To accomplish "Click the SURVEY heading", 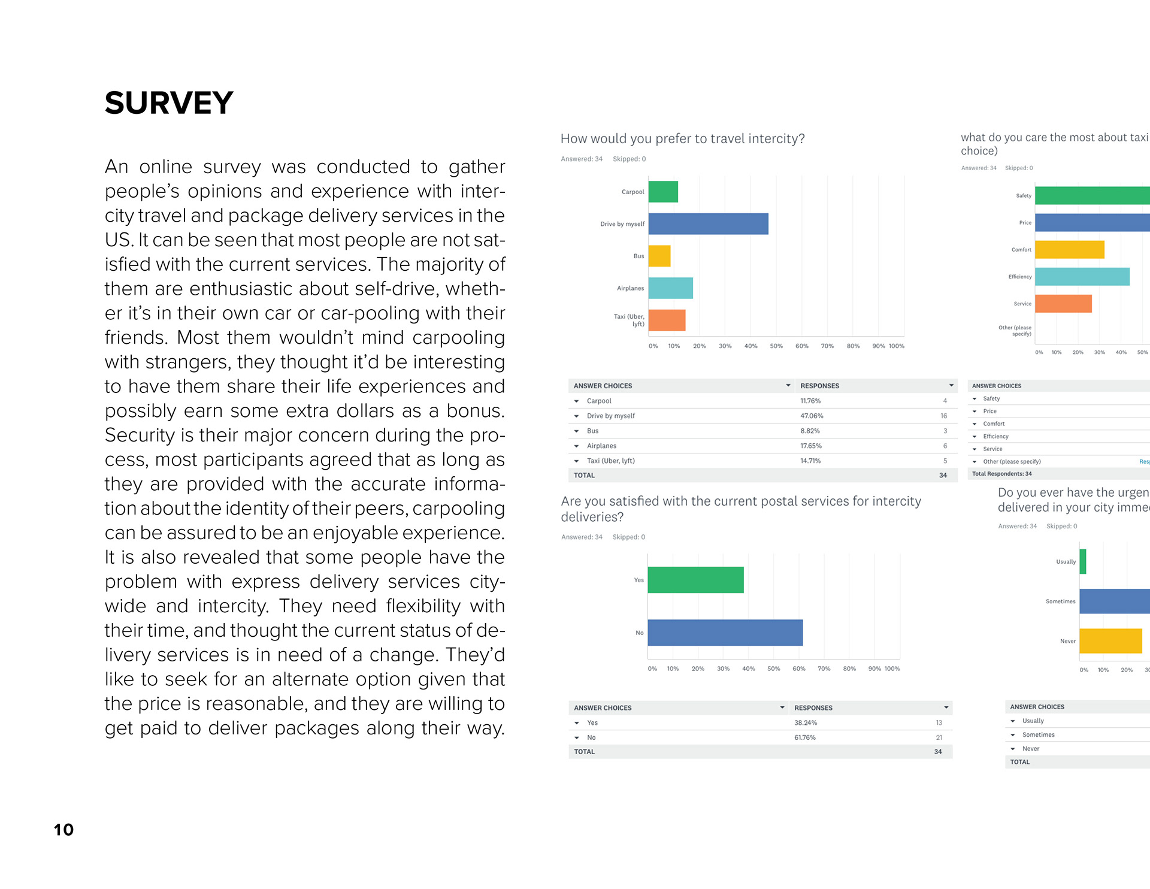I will point(169,103).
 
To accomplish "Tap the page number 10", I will point(63,830).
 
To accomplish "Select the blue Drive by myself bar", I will point(708,224).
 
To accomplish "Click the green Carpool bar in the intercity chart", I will point(663,192).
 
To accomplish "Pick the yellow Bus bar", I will point(659,256).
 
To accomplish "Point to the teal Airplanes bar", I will point(670,288).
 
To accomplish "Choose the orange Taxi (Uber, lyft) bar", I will point(667,320).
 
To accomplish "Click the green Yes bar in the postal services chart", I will point(695,580).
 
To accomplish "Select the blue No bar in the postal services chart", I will point(725,633).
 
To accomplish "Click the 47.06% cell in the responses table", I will point(812,416).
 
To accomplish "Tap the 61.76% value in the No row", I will point(805,737).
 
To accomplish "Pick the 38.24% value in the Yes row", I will point(806,723).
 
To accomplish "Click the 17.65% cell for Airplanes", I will point(811,446).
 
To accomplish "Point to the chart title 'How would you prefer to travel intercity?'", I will point(682,139).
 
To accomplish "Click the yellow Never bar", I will point(1110,641).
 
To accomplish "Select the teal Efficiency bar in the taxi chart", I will point(1082,277).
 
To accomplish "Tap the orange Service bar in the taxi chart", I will point(1063,304).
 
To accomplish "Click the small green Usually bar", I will point(1083,562).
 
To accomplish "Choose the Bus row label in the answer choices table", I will point(592,431).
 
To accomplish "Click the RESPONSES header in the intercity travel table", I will point(819,386).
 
